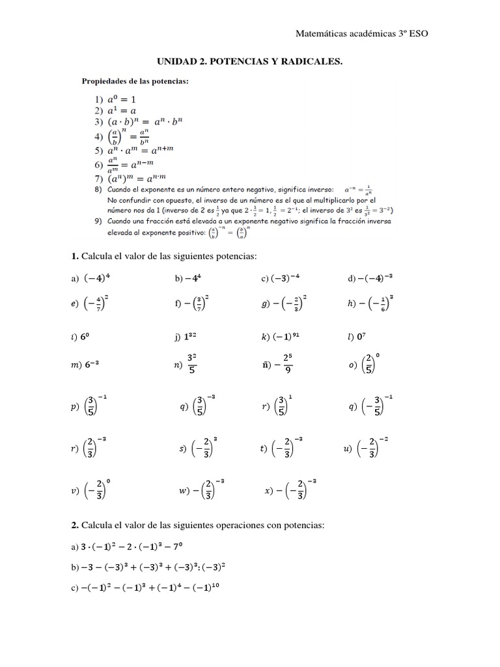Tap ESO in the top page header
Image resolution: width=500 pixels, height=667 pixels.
point(417,33)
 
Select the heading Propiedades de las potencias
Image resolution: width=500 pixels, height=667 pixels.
point(135,81)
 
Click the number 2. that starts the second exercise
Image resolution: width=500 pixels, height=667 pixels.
point(75,524)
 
